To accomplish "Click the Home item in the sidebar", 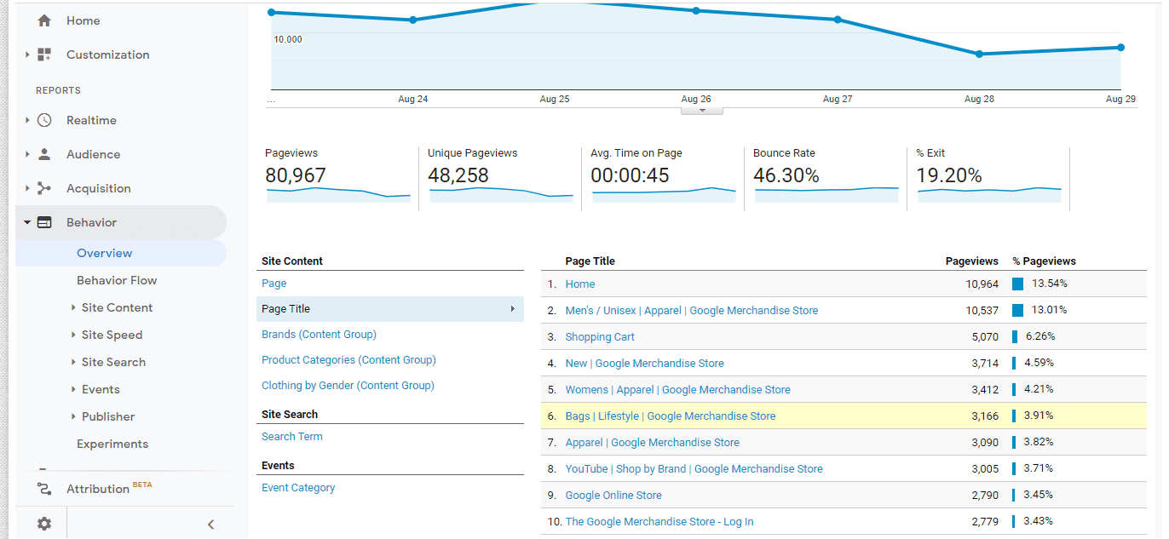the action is tap(83, 21).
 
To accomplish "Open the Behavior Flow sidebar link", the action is tap(117, 280).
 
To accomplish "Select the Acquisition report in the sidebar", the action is tap(98, 188).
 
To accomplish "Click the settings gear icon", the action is tap(44, 524).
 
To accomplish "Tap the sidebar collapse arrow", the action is tap(210, 525).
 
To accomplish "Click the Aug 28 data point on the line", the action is tap(979, 54).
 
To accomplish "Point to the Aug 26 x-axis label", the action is tap(695, 99).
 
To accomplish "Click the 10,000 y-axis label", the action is tap(287, 39).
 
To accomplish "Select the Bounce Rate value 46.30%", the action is tap(786, 175).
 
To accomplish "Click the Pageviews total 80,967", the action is tap(296, 175).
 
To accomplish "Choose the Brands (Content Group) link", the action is tap(319, 335).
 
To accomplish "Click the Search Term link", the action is tap(291, 436).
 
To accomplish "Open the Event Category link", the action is tap(298, 487).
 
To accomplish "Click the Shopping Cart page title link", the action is tap(600, 337).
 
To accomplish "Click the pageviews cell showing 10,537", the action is tap(982, 311).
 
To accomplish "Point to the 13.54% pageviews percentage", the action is tap(1049, 284).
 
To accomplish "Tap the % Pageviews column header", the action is tap(1044, 261).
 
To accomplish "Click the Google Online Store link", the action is tap(613, 496).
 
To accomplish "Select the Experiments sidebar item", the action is tap(112, 444).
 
